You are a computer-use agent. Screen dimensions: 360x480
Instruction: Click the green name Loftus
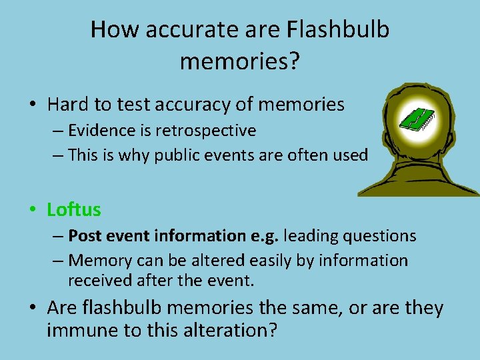pos(74,210)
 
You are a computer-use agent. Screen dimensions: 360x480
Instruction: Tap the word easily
pos(261,261)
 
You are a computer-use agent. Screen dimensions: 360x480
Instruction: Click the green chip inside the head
pos(416,119)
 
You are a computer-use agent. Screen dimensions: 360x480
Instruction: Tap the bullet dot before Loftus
pos(32,211)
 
